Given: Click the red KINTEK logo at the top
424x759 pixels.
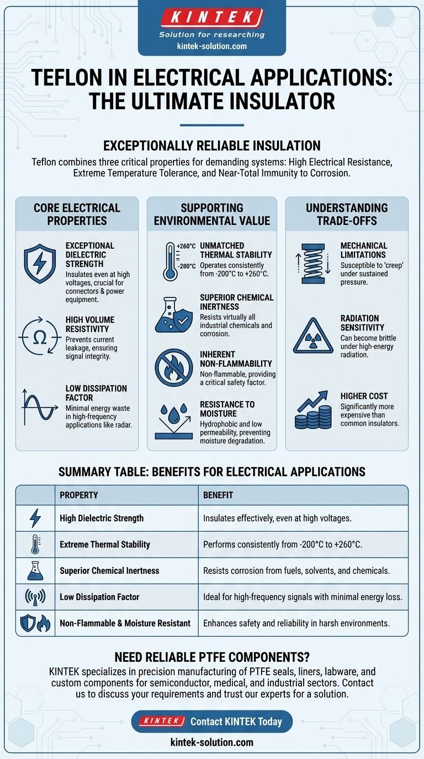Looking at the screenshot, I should (x=211, y=18).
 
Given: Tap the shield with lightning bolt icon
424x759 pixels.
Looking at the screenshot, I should (x=40, y=264).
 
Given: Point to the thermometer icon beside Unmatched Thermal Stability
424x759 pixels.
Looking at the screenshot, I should (x=171, y=261).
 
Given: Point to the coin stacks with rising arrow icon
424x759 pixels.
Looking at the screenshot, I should (x=309, y=411).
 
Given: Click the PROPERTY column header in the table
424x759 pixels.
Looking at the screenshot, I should (x=78, y=495).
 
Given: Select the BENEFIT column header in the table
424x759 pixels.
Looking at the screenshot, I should (x=218, y=495).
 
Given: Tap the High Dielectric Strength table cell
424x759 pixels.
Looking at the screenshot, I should (x=102, y=518).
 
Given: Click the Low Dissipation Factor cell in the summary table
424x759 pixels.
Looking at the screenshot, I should (x=99, y=597).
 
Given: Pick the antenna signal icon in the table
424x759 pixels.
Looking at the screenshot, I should (x=35, y=597).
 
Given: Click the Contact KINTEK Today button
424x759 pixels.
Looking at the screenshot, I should (x=212, y=721).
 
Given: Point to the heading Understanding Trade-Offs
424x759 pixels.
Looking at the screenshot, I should (x=347, y=215).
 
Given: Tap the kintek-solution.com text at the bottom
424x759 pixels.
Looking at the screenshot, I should (x=211, y=742).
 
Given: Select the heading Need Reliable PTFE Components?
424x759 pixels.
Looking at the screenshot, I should (x=211, y=657).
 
